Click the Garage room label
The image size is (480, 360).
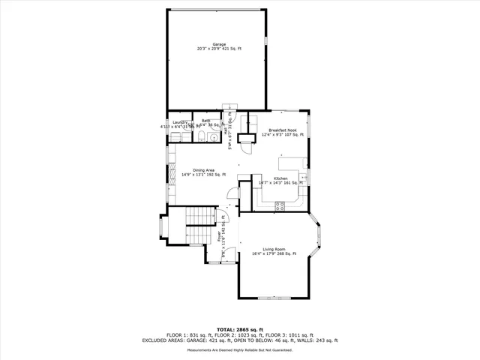pos(219,44)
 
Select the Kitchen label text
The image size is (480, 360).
pos(280,178)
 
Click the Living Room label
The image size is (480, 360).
pos(274,249)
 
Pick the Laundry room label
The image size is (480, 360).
pos(179,121)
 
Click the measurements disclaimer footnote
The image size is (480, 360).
pos(239,350)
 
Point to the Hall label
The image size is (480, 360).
pos(225,131)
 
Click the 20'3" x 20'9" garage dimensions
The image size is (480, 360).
pos(219,49)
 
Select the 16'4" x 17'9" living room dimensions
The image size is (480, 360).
pos(274,254)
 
